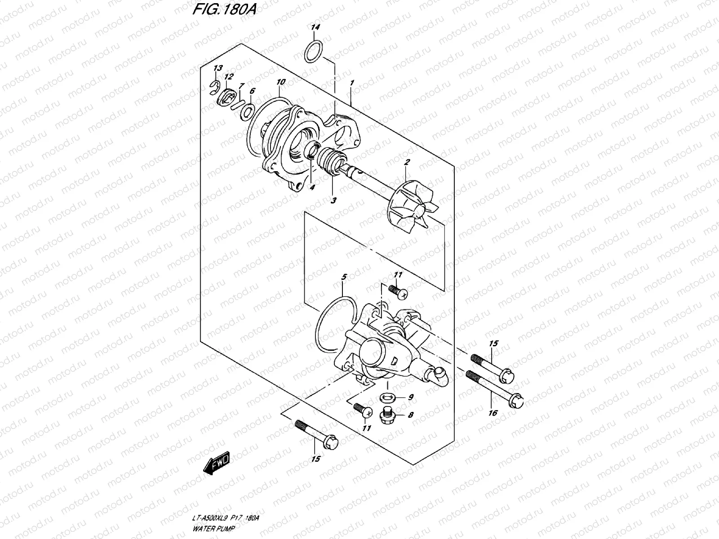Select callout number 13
click(x=218, y=68)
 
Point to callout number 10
click(x=281, y=82)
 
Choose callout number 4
click(x=311, y=187)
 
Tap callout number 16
click(x=493, y=413)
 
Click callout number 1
click(x=352, y=83)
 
